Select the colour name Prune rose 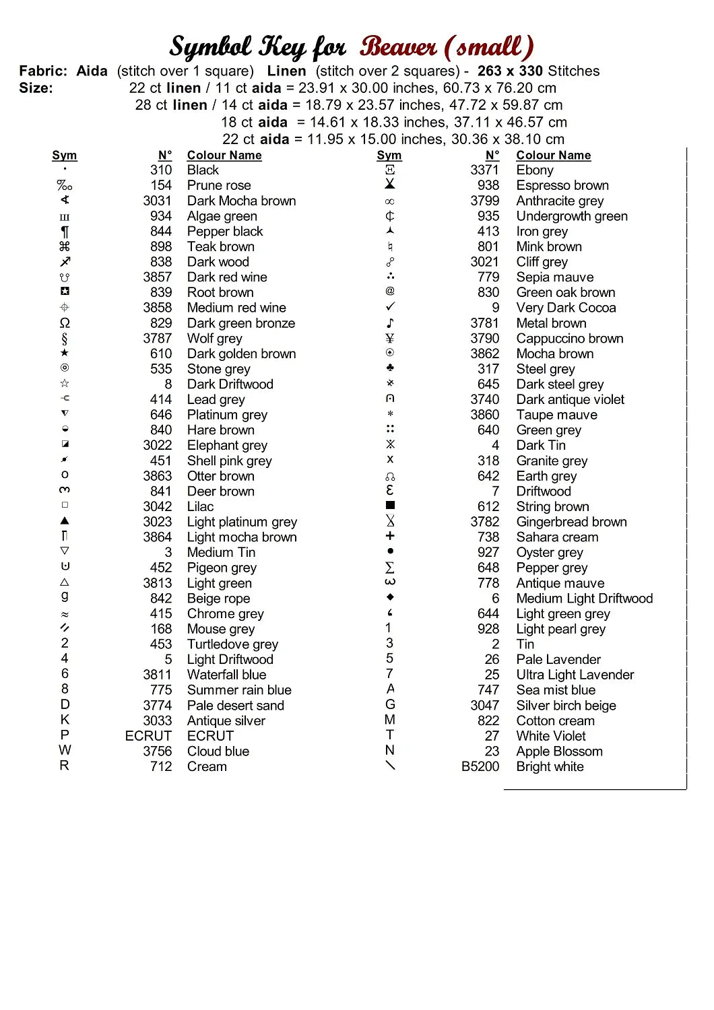click(x=219, y=185)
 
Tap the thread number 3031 click(x=157, y=201)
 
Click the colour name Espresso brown click(x=562, y=185)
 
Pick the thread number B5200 click(x=480, y=766)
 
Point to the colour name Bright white click(x=550, y=766)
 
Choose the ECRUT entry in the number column click(x=148, y=736)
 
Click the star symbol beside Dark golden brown click(x=65, y=353)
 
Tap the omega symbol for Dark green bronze click(x=65, y=323)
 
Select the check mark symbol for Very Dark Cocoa click(x=390, y=307)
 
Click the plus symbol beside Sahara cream click(x=390, y=536)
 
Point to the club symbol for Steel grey click(x=390, y=368)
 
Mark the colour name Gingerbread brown click(x=571, y=522)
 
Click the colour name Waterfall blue click(x=226, y=675)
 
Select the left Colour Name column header click(x=224, y=156)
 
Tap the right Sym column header click(x=389, y=156)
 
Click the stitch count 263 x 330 click(x=510, y=71)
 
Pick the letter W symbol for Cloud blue click(x=65, y=750)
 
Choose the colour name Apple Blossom click(x=559, y=751)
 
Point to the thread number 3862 click(x=484, y=353)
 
